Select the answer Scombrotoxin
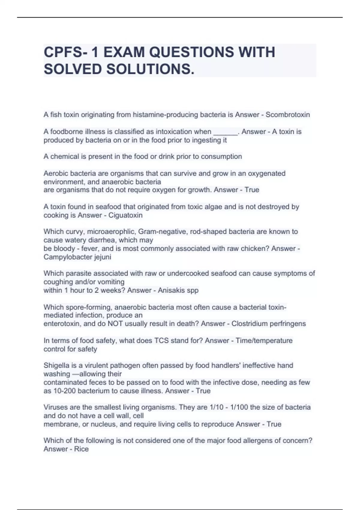tap(288, 115)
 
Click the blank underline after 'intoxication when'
tap(225, 132)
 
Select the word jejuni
tap(102, 257)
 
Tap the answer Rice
tap(81, 449)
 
